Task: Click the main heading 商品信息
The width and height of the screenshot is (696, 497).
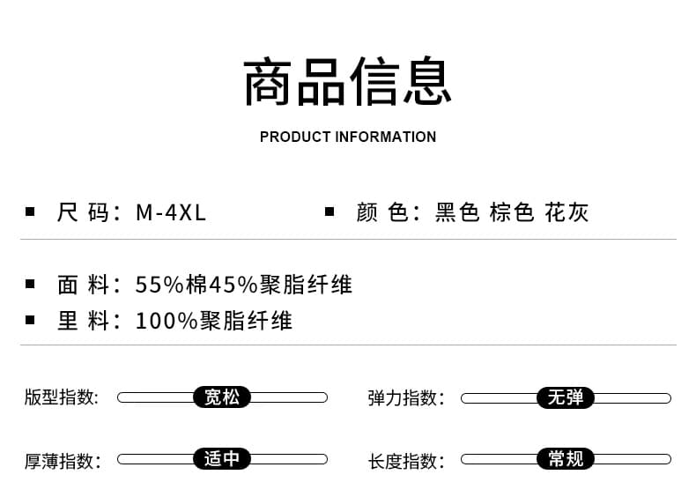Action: (x=347, y=81)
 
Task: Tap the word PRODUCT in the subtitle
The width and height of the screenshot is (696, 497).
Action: (x=295, y=137)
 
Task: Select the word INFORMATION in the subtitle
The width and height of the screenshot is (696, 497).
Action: (x=385, y=137)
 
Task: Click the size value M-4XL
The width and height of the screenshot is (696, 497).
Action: (x=171, y=212)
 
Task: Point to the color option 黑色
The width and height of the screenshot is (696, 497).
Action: (x=457, y=212)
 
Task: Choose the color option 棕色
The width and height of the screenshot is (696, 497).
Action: (x=512, y=212)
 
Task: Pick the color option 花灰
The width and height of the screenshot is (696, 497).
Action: (x=566, y=212)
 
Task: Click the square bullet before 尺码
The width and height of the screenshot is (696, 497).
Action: (x=30, y=211)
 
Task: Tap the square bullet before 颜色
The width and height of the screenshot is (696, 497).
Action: (x=329, y=211)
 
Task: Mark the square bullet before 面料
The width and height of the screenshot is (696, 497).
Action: (x=30, y=284)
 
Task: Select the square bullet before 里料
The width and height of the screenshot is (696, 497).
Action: (x=30, y=320)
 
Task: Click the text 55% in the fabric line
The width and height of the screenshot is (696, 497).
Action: (x=159, y=285)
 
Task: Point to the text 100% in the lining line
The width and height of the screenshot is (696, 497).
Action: (x=166, y=321)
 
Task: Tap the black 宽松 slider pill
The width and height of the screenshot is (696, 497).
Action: (x=222, y=397)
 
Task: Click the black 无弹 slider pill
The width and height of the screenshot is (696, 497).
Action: (x=566, y=397)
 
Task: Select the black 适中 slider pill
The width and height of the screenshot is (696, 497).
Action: (x=222, y=459)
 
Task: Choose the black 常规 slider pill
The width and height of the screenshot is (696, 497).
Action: (x=566, y=459)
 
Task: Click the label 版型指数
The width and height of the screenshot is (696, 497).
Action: (x=62, y=397)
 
